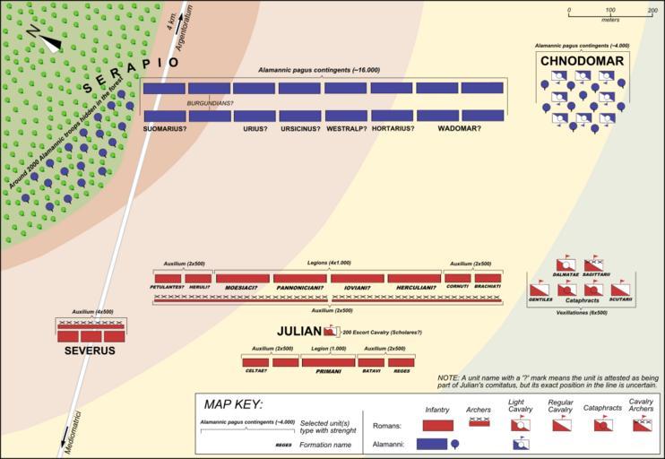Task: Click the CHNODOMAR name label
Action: [x=583, y=61]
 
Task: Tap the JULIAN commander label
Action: [x=299, y=331]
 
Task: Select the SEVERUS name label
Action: [x=90, y=351]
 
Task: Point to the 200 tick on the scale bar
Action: [x=652, y=10]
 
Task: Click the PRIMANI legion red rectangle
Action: [x=328, y=361]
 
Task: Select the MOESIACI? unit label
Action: [x=242, y=288]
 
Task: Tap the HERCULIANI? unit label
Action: [x=415, y=288]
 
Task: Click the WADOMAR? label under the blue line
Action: [x=460, y=128]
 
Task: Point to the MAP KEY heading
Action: [x=233, y=404]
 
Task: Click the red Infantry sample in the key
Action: [x=437, y=425]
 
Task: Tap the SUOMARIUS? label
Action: [x=166, y=128]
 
